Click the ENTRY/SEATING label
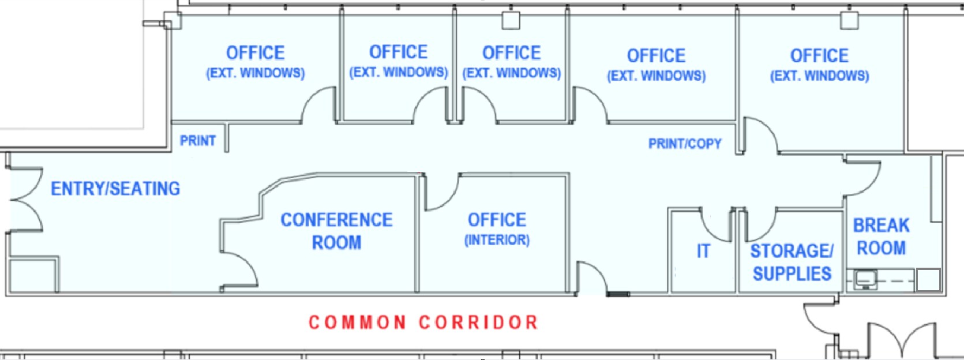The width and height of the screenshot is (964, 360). click(115, 189)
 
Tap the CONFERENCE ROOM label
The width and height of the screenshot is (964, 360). click(336, 231)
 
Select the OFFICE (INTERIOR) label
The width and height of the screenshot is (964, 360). click(497, 229)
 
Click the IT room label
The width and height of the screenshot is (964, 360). click(703, 251)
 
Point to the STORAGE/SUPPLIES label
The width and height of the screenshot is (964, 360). click(792, 262)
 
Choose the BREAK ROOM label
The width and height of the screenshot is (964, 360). click(882, 237)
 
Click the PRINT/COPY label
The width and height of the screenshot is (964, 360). click(685, 144)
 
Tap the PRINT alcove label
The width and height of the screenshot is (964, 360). click(197, 141)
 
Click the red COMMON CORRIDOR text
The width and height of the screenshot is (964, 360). click(423, 322)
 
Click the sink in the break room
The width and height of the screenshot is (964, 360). click(865, 279)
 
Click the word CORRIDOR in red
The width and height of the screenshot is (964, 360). click(479, 322)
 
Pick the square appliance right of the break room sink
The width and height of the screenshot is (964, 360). click(928, 280)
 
